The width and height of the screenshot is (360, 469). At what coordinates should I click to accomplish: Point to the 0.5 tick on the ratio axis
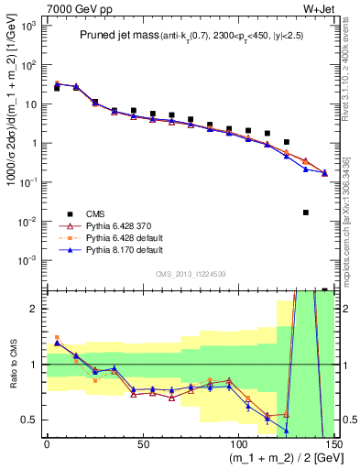click(32, 420)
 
